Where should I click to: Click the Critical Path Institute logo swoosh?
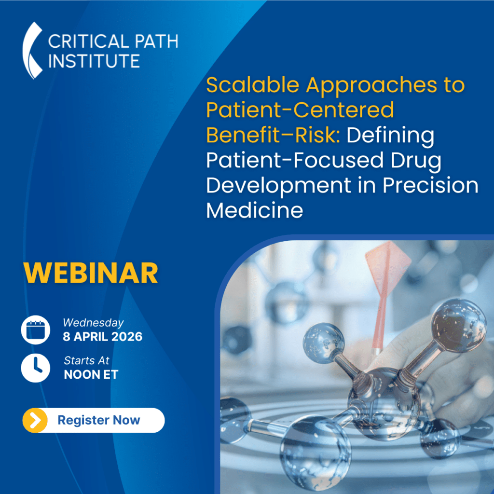click(x=31, y=50)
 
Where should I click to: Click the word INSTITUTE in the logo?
click(x=94, y=61)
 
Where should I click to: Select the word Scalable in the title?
click(x=252, y=85)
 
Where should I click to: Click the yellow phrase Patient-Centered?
click(x=300, y=110)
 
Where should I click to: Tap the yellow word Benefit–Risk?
click(x=273, y=135)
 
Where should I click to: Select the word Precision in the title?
click(x=430, y=185)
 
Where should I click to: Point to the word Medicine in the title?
click(x=255, y=210)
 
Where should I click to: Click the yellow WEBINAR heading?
click(x=90, y=273)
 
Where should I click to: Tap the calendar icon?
click(x=35, y=329)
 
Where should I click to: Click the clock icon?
click(x=35, y=368)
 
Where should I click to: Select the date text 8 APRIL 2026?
click(x=102, y=336)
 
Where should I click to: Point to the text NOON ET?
click(x=91, y=374)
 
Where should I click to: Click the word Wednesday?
click(x=93, y=323)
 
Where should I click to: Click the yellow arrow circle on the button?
click(x=35, y=420)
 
